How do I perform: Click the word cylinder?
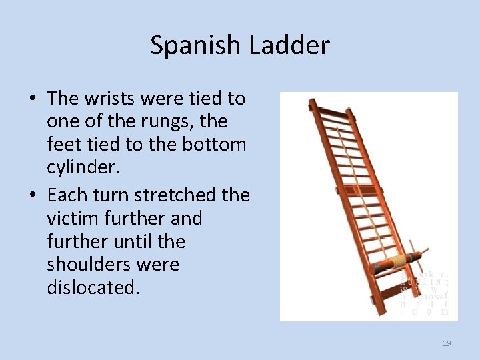pos(83,168)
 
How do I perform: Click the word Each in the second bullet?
pos(65,195)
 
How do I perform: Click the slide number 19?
pos(447,343)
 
